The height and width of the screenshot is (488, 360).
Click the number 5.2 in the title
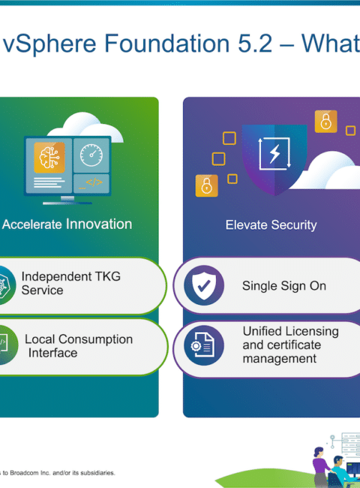[255, 43]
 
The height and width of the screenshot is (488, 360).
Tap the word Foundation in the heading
[166, 43]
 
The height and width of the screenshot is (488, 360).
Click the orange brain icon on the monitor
[49, 157]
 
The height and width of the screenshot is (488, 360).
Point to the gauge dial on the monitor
[91, 155]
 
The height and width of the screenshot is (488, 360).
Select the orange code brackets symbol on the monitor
[94, 182]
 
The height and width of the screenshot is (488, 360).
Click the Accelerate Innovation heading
[67, 224]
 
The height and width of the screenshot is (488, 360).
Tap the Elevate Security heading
[271, 225]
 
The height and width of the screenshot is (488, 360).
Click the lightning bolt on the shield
[274, 153]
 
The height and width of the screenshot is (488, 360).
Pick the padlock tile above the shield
[325, 121]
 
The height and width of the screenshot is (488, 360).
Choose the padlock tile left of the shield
[206, 185]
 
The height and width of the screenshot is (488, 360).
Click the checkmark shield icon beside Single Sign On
[204, 285]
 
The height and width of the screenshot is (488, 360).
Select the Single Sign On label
[284, 286]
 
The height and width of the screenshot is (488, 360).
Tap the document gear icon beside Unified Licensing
[204, 345]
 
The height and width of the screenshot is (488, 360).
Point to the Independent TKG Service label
[71, 283]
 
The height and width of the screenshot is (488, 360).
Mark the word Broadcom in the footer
[25, 473]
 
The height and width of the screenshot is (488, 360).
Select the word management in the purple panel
[280, 359]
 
